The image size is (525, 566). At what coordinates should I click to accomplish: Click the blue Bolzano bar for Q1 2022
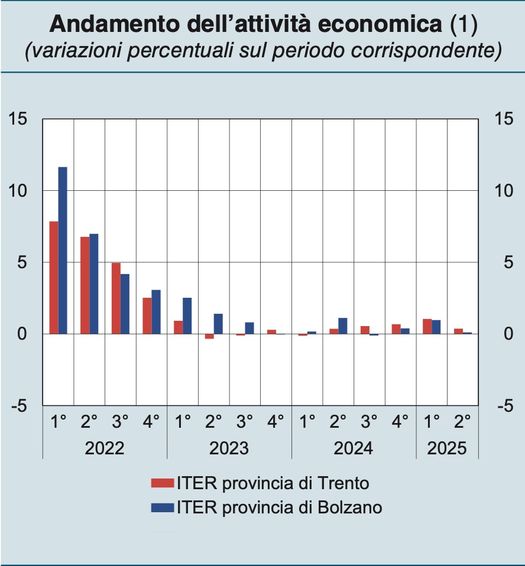coord(63,251)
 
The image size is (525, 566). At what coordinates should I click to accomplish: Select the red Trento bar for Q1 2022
coord(54,278)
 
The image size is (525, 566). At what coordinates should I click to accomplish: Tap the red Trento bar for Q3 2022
coord(116,298)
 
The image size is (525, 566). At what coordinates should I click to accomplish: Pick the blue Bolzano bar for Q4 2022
coord(156,312)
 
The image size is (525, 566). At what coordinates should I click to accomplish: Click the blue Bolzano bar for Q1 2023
coord(187,316)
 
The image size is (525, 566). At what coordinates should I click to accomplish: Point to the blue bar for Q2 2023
coord(218,324)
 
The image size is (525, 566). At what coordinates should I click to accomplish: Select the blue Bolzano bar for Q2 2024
coord(343,326)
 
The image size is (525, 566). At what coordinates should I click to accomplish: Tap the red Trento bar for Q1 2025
coord(427,327)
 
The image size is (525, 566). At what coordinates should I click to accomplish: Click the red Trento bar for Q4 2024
coord(396,329)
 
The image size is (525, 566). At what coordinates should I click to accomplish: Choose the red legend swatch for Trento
coord(162,483)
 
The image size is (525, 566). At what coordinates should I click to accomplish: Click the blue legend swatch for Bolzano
coord(162,507)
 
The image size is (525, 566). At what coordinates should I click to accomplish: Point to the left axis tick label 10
coord(18,191)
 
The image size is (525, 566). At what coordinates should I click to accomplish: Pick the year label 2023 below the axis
coord(229,448)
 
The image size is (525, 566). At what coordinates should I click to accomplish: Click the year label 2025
coord(447,448)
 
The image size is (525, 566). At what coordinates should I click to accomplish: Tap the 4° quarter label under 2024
coord(401,422)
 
